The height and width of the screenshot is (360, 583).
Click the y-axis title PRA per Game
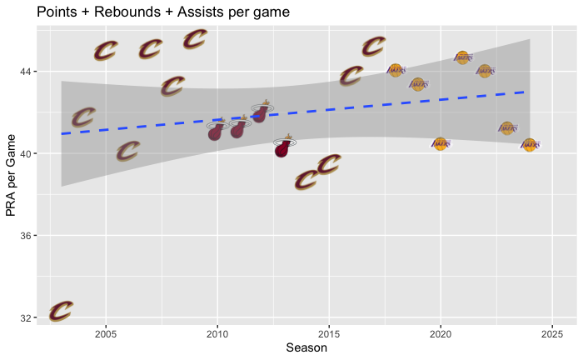tap(12, 176)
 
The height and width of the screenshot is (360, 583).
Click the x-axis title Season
tap(306, 347)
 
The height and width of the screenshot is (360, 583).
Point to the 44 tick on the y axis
tap(25, 72)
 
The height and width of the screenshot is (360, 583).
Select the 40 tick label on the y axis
tap(25, 154)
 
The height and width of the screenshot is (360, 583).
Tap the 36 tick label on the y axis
tap(25, 237)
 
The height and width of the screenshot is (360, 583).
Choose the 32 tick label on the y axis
tap(25, 318)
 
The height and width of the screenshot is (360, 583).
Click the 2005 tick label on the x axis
tap(106, 334)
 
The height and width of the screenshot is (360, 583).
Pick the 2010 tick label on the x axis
tap(217, 334)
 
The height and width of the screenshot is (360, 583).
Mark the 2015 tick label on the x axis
tap(329, 334)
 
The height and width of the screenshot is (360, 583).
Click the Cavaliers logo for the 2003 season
tap(61, 312)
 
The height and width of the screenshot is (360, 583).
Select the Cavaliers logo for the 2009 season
tap(195, 39)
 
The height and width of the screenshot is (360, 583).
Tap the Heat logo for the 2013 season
tap(284, 147)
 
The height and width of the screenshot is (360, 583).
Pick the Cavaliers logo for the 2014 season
tap(306, 179)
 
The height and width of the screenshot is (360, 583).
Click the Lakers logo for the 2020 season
tap(441, 143)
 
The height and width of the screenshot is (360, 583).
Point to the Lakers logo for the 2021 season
tap(463, 57)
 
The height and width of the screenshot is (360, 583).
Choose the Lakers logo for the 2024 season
tap(530, 145)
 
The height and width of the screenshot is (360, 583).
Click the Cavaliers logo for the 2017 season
tap(374, 47)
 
